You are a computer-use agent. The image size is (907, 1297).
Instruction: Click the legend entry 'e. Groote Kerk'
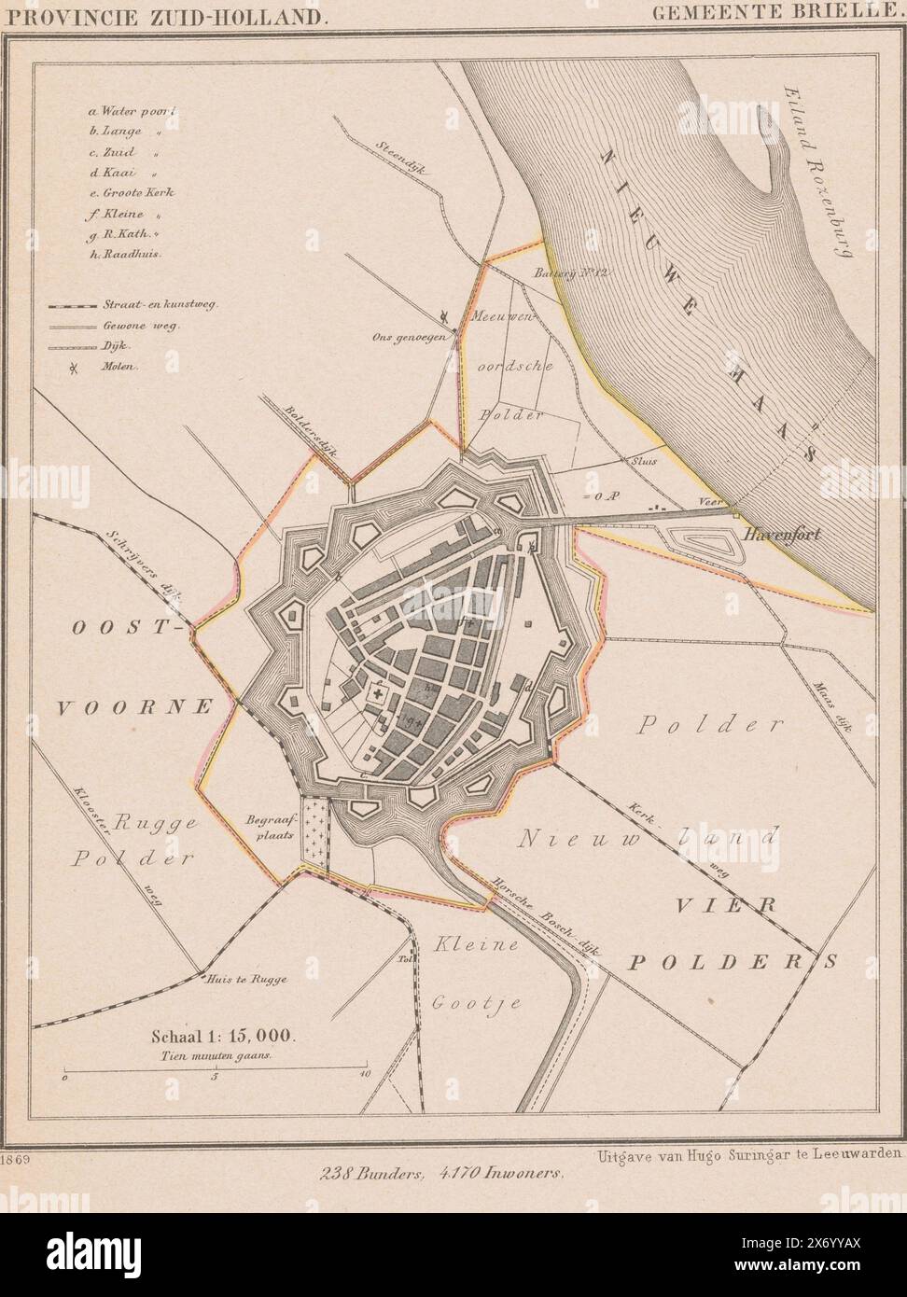pos(133,192)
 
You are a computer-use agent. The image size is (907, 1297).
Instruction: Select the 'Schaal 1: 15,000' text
pos(222,1035)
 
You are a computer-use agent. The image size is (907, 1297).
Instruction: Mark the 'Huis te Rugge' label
pos(248,980)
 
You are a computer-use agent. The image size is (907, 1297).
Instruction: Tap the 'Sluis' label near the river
pos(643,460)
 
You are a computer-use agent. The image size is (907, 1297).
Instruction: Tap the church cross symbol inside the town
pos(380,694)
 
